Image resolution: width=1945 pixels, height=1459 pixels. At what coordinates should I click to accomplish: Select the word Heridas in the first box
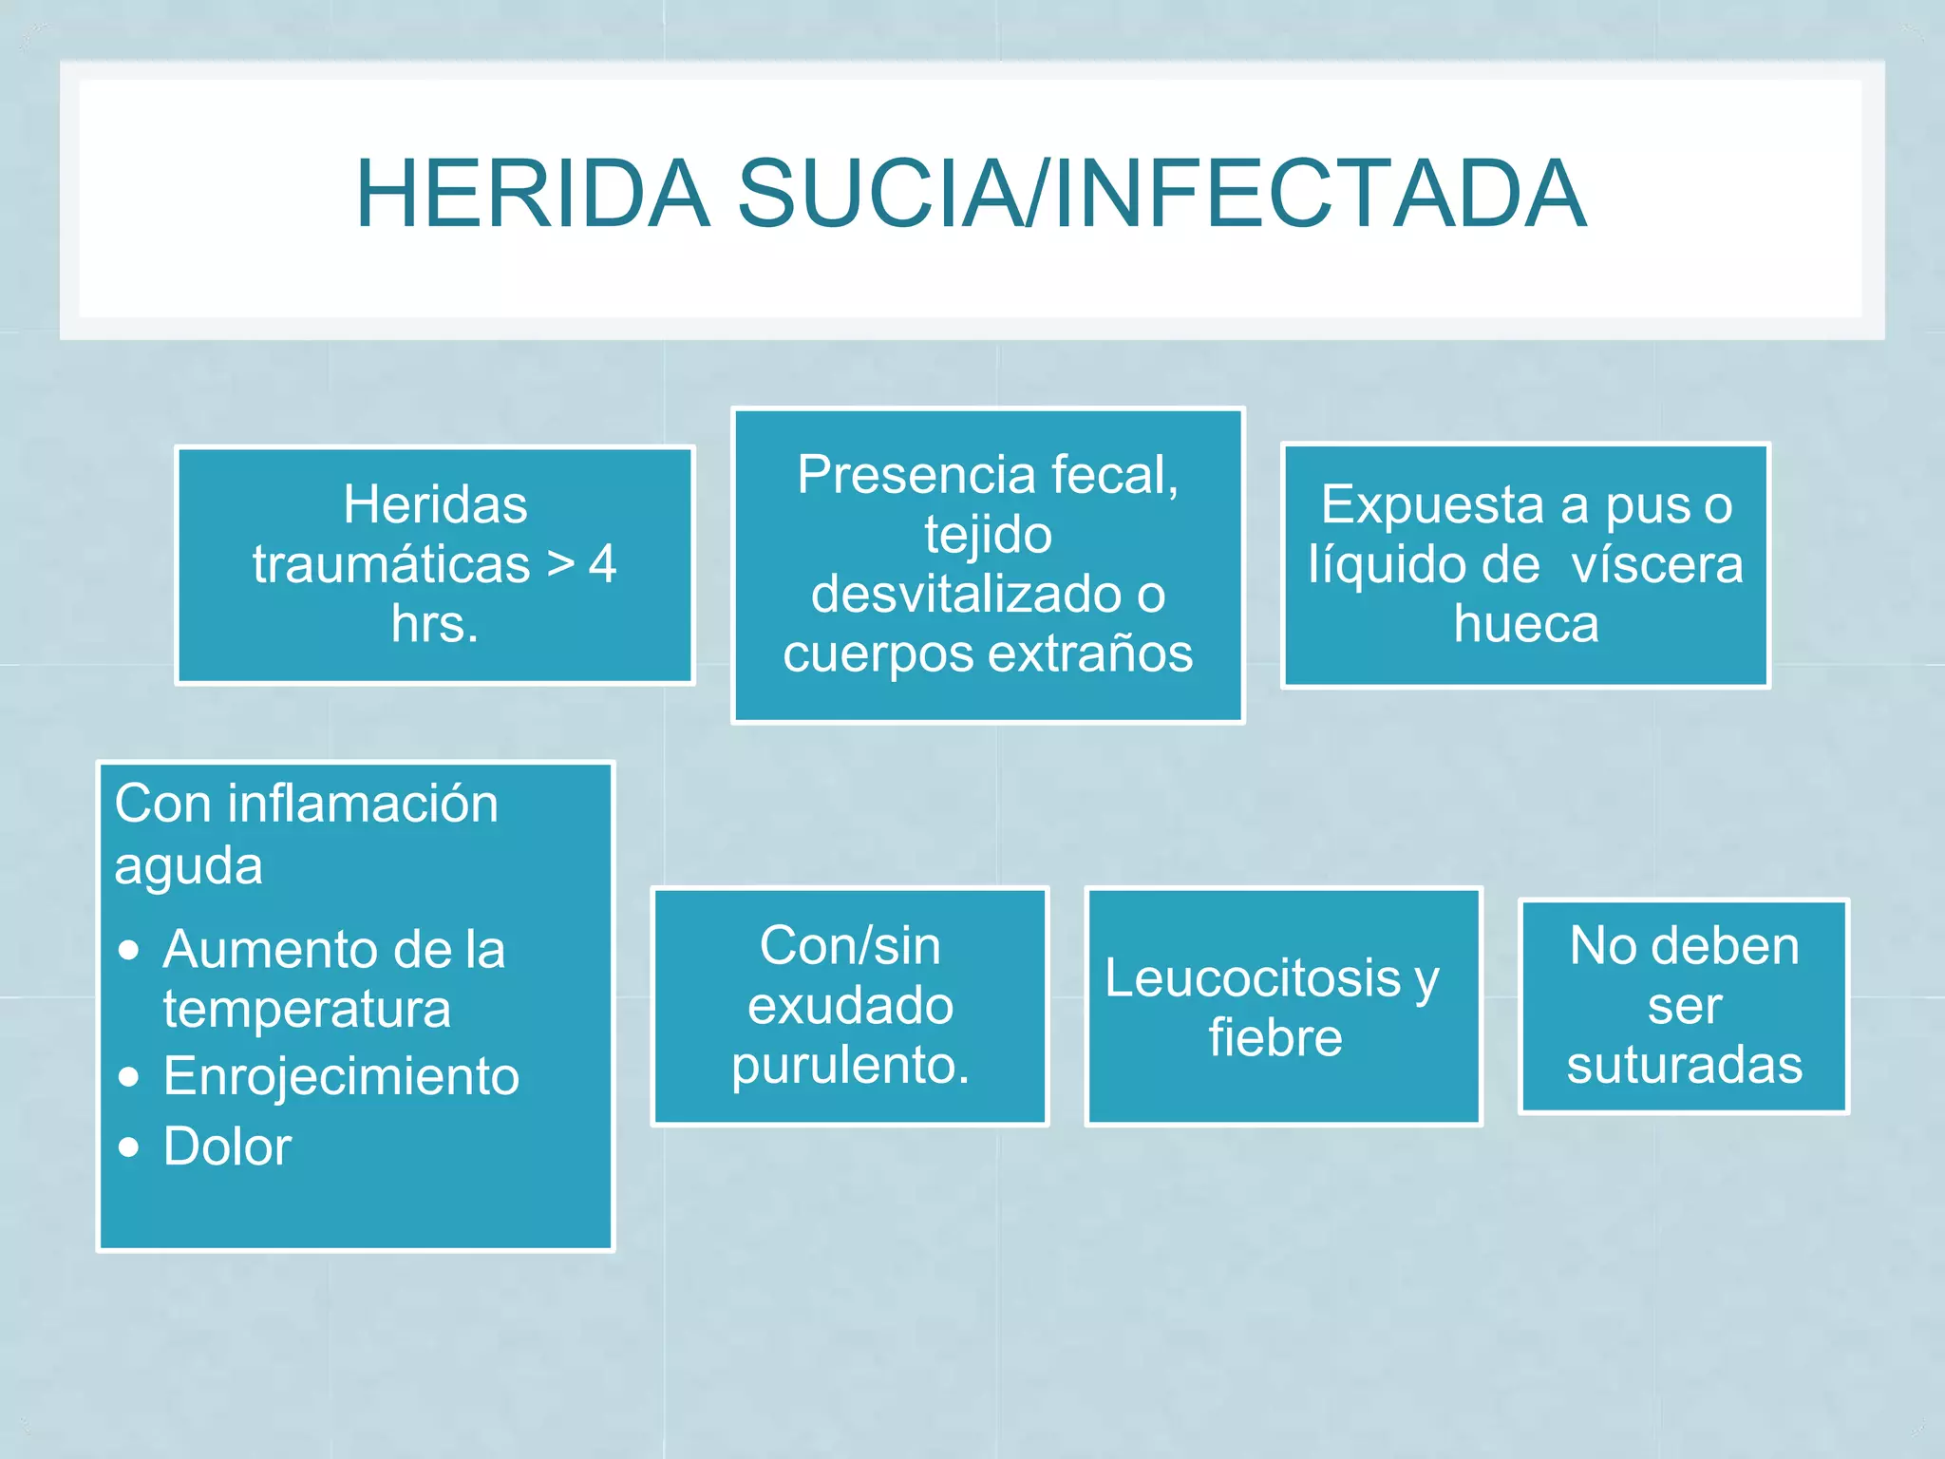click(435, 503)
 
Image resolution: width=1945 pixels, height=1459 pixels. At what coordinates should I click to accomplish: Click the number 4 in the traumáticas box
click(602, 564)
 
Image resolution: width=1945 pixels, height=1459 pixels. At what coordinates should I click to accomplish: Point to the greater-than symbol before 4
click(560, 564)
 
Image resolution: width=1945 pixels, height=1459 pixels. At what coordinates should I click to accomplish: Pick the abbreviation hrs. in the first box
click(435, 624)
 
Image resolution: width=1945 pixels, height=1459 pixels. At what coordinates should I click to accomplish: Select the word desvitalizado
click(964, 594)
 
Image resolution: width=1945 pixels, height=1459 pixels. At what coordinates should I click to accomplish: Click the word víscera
click(1657, 564)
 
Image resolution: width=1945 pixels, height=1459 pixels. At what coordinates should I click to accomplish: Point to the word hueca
click(1526, 624)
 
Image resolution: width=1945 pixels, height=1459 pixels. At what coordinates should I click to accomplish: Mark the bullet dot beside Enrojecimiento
click(129, 1077)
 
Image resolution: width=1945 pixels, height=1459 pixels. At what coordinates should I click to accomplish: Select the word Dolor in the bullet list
click(227, 1146)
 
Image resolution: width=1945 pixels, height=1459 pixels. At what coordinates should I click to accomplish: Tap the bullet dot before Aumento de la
click(129, 950)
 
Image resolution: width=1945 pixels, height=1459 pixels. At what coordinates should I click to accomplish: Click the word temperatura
click(307, 1009)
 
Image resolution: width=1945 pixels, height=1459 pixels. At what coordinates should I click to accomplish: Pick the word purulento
click(850, 1065)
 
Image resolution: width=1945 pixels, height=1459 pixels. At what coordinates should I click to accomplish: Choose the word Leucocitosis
click(1253, 977)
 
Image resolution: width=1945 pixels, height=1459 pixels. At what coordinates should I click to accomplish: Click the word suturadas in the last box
click(1684, 1065)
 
